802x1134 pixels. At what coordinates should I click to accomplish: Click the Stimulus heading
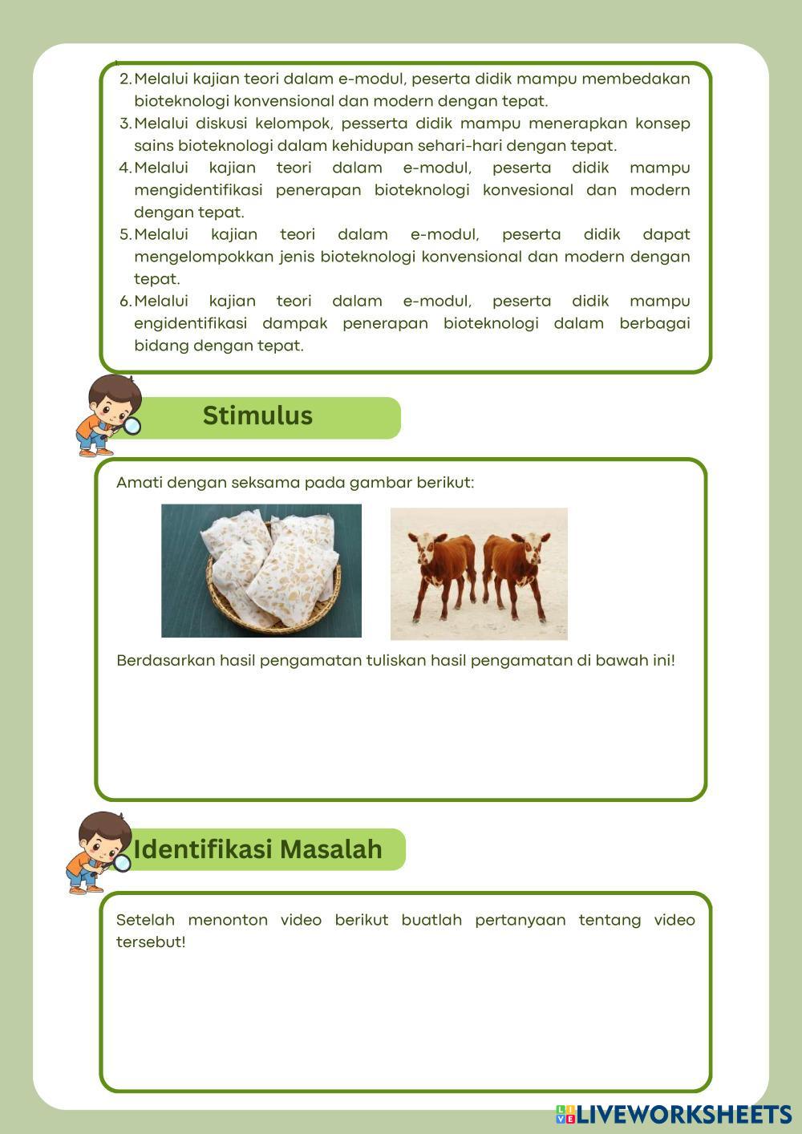[257, 416]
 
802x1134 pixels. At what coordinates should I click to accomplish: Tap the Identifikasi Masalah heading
[258, 849]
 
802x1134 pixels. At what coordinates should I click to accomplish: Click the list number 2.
[124, 79]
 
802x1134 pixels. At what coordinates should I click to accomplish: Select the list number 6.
[124, 302]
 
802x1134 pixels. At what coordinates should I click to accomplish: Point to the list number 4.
[124, 168]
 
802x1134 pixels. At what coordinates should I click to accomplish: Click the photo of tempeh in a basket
[261, 571]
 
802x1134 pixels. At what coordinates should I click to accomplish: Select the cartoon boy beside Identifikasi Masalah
[99, 852]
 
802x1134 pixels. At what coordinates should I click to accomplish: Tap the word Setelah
[145, 920]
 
